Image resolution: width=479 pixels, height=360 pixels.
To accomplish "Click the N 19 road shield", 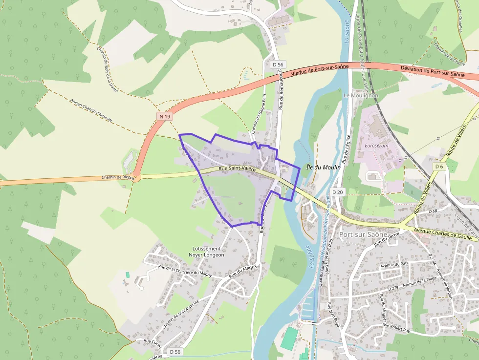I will tap(165, 116).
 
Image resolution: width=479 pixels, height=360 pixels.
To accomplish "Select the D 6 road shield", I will tap(438, 167).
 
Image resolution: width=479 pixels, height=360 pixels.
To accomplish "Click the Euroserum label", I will tap(376, 146).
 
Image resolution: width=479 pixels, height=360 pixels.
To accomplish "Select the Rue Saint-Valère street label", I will tap(237, 169).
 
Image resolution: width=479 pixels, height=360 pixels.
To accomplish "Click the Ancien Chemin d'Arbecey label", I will tap(91, 109).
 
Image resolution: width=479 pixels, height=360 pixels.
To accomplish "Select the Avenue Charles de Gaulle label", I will tap(445, 233).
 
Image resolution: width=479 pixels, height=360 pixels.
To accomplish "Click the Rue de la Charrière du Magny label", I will tap(185, 270).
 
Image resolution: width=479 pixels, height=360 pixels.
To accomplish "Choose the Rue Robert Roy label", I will tap(399, 328).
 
